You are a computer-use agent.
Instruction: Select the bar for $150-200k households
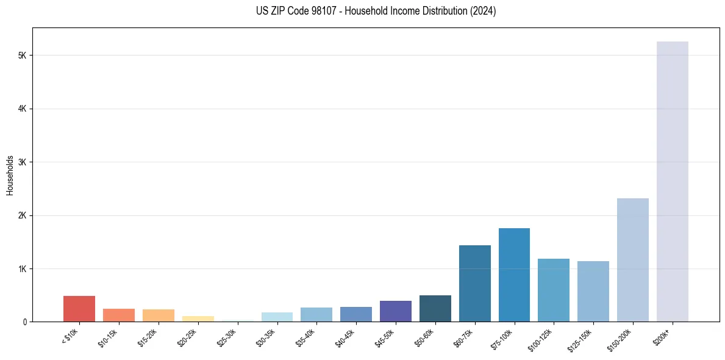coord(632,260)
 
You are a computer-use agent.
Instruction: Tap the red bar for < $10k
coord(79,309)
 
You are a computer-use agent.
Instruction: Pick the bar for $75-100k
coord(514,275)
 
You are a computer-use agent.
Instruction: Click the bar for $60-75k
coord(474,283)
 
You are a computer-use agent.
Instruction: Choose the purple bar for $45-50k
coord(395,311)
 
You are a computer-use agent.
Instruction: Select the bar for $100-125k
coord(554,290)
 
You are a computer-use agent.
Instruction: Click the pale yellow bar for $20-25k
coord(198,319)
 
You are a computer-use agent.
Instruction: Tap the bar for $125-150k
coord(593,291)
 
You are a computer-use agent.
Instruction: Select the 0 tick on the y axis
coord(24,322)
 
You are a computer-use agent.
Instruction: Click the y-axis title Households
coord(10,175)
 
